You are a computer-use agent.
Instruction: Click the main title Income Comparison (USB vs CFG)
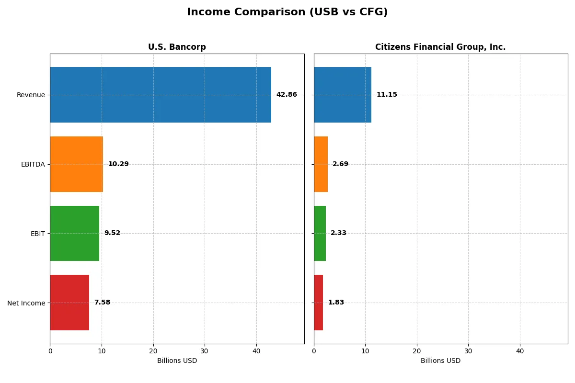pyautogui.click(x=287, y=12)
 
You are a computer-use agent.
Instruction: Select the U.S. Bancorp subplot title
pyautogui.click(x=177, y=47)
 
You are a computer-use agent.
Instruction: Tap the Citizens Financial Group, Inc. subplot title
pyautogui.click(x=440, y=47)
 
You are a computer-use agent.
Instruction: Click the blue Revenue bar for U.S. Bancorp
pyautogui.click(x=161, y=95)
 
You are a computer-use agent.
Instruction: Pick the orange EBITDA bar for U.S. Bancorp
pyautogui.click(x=76, y=164)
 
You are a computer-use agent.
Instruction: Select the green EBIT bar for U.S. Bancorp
pyautogui.click(x=74, y=233)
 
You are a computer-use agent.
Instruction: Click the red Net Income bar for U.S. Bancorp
pyautogui.click(x=69, y=303)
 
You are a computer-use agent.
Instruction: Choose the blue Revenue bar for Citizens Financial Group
pyautogui.click(x=343, y=95)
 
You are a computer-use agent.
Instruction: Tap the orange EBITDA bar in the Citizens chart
pyautogui.click(x=321, y=164)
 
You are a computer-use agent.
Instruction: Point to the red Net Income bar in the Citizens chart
pyautogui.click(x=318, y=303)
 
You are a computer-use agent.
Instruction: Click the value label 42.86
pyautogui.click(x=287, y=95)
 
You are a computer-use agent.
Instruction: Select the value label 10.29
pyautogui.click(x=118, y=164)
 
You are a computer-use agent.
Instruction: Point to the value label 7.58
pyautogui.click(x=102, y=303)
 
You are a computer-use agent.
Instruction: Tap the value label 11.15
pyautogui.click(x=387, y=95)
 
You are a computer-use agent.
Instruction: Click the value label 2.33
pyautogui.click(x=338, y=233)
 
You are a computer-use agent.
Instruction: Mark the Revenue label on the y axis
pyautogui.click(x=31, y=95)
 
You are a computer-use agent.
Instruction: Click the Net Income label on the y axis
pyautogui.click(x=26, y=303)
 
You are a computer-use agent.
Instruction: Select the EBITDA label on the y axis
pyautogui.click(x=33, y=164)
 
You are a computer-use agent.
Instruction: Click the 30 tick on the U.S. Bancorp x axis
pyautogui.click(x=205, y=351)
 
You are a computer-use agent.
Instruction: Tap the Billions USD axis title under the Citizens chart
pyautogui.click(x=440, y=360)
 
